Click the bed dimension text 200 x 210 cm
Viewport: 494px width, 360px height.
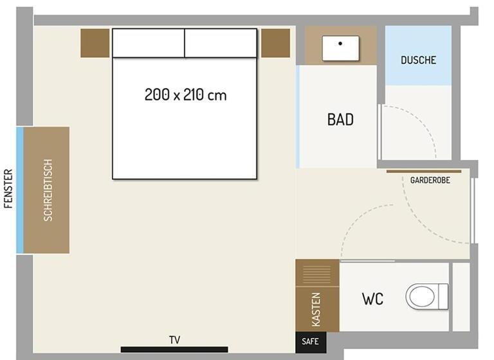pos(185,94)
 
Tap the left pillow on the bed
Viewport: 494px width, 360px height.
pos(149,43)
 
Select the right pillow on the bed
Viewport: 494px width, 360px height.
pos(221,43)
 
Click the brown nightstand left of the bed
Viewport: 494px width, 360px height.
pos(95,43)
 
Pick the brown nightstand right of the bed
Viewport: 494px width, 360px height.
pos(276,43)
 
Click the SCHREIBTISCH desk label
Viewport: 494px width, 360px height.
pos(48,190)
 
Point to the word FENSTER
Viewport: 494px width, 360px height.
pos(8,188)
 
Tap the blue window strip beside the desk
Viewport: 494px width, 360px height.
pos(20,190)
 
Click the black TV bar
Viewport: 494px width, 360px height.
pos(174,349)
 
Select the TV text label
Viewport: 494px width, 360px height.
pos(174,340)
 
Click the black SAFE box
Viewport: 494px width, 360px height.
pos(311,343)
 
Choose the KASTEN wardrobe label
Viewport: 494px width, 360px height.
pos(316,310)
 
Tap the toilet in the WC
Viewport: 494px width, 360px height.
pos(427,296)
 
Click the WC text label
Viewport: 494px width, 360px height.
pos(372,299)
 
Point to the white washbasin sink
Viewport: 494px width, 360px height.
pos(340,48)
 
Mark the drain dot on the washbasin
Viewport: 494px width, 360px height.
pos(340,44)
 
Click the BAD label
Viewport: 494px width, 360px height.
pos(340,120)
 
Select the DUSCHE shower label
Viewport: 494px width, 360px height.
pos(418,60)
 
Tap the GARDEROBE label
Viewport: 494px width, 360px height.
pos(430,180)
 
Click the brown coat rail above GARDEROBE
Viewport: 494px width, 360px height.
pos(424,172)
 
